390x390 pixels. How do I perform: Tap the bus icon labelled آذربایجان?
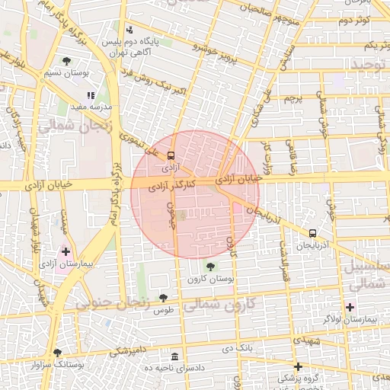click(312, 233)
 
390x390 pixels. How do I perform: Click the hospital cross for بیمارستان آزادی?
click(66, 251)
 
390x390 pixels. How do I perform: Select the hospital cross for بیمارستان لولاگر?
click(350, 307)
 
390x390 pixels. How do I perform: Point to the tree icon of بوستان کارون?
click(210, 267)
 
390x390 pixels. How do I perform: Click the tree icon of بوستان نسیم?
click(66, 60)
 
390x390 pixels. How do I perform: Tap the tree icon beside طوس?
click(163, 298)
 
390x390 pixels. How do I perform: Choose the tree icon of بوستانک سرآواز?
click(57, 353)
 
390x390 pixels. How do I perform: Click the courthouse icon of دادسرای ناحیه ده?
click(175, 357)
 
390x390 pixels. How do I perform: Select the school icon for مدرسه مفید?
click(90, 96)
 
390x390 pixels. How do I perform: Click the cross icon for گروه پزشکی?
click(298, 366)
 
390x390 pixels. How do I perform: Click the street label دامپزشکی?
click(130, 351)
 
